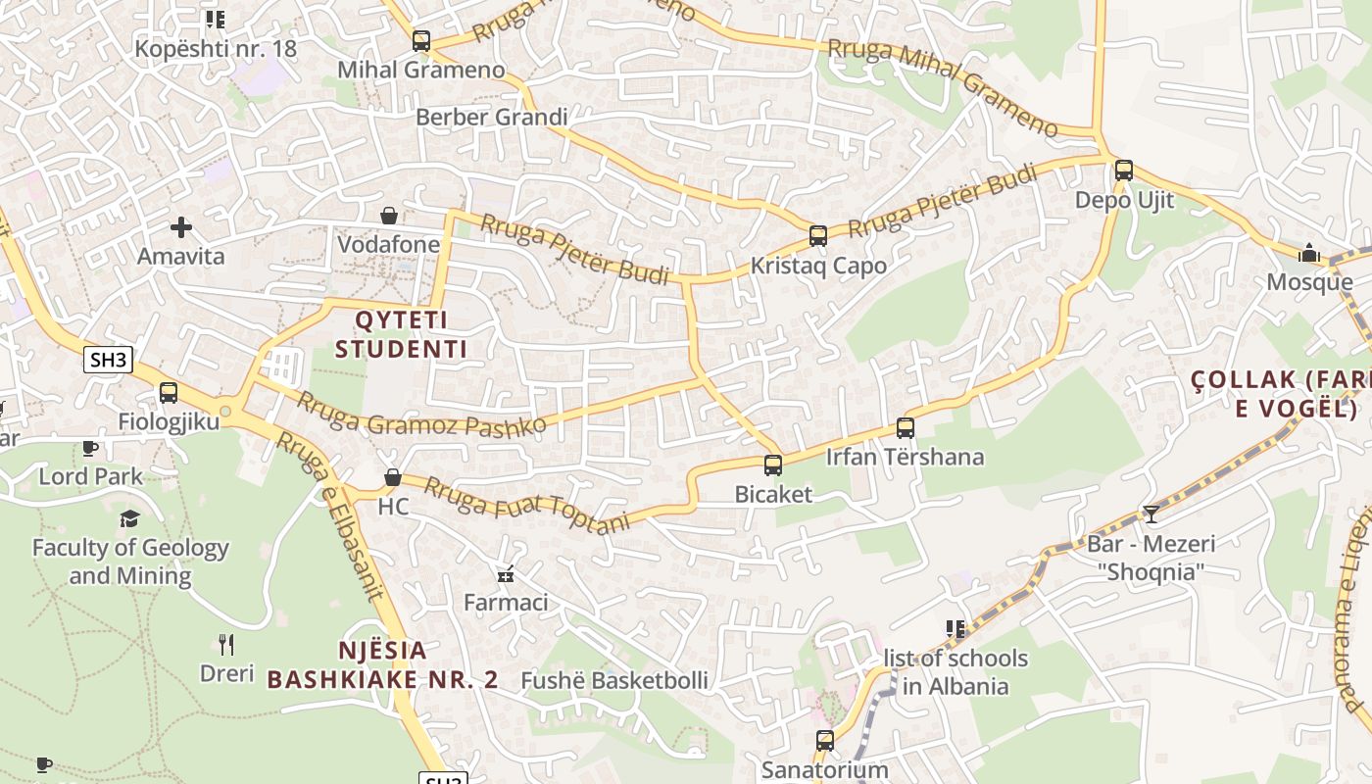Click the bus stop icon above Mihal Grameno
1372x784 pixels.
click(x=421, y=41)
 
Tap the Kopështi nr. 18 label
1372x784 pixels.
click(x=216, y=48)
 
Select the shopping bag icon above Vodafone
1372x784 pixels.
click(x=389, y=215)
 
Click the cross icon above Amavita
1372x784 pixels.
click(x=181, y=227)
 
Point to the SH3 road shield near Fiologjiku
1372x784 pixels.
click(x=108, y=360)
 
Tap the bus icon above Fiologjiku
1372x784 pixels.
click(x=169, y=393)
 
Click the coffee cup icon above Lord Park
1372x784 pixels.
click(x=90, y=448)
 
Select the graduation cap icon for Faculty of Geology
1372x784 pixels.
click(x=129, y=518)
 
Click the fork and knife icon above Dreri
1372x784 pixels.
click(x=226, y=644)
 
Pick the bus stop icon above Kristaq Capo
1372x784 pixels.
click(x=818, y=236)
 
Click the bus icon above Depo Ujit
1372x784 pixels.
click(x=1124, y=171)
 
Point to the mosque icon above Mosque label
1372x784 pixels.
click(x=1309, y=253)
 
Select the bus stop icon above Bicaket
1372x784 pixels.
click(x=773, y=465)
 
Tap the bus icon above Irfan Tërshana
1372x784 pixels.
click(x=906, y=428)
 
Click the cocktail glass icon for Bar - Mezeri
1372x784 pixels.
click(x=1151, y=514)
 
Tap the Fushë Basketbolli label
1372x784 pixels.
click(x=614, y=680)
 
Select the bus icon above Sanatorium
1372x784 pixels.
click(x=825, y=741)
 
